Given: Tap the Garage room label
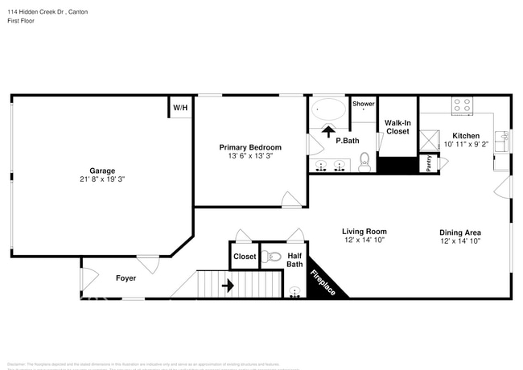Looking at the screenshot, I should [102, 171].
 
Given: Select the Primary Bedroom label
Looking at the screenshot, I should [250, 147].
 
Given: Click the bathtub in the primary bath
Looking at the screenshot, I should [328, 109].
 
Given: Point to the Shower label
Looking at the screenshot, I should [363, 104].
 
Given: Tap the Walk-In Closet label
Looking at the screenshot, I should [397, 126].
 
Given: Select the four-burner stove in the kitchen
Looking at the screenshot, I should [462, 105].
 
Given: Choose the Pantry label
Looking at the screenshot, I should [428, 163].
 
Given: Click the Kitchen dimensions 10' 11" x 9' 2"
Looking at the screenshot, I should [466, 145].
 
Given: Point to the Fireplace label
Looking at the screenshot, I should [323, 282].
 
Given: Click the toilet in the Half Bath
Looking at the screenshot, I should [273, 257].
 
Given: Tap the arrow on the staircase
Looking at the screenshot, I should [228, 285].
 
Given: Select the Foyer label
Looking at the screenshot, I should [125, 278].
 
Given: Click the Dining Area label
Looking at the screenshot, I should [460, 231].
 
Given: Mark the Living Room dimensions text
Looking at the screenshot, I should [364, 240].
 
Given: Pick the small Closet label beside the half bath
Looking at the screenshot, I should [244, 257].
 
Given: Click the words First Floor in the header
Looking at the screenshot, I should [23, 23].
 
